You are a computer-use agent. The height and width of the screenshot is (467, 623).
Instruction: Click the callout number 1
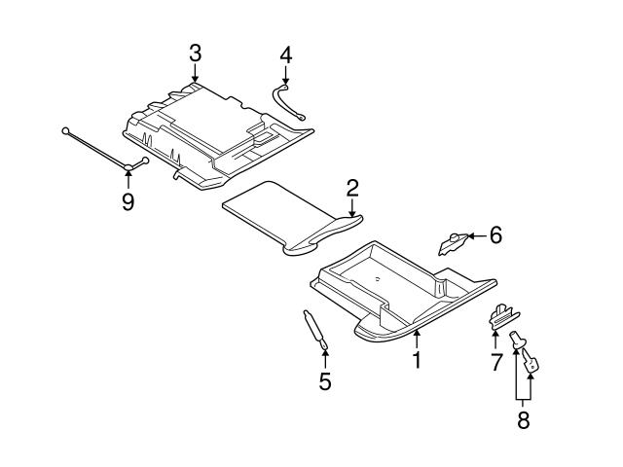pos(417,360)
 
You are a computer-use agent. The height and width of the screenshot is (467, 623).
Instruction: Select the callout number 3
pos(195,52)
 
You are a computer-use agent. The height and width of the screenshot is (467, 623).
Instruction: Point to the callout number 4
pos(285,55)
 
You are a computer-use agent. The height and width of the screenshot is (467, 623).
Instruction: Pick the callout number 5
pos(325,381)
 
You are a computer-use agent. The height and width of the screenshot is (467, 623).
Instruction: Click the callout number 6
pos(495,234)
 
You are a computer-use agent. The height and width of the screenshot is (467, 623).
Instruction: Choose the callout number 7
pos(495,363)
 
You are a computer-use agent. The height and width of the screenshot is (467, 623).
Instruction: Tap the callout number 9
pos(128,200)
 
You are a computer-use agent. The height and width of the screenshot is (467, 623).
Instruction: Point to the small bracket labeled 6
pos(453,240)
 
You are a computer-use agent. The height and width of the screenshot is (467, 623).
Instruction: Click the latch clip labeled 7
pos(500,314)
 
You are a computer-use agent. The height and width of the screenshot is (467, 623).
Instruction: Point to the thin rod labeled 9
pos(97,149)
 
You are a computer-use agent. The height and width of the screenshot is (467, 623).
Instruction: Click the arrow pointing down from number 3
pos(195,73)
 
